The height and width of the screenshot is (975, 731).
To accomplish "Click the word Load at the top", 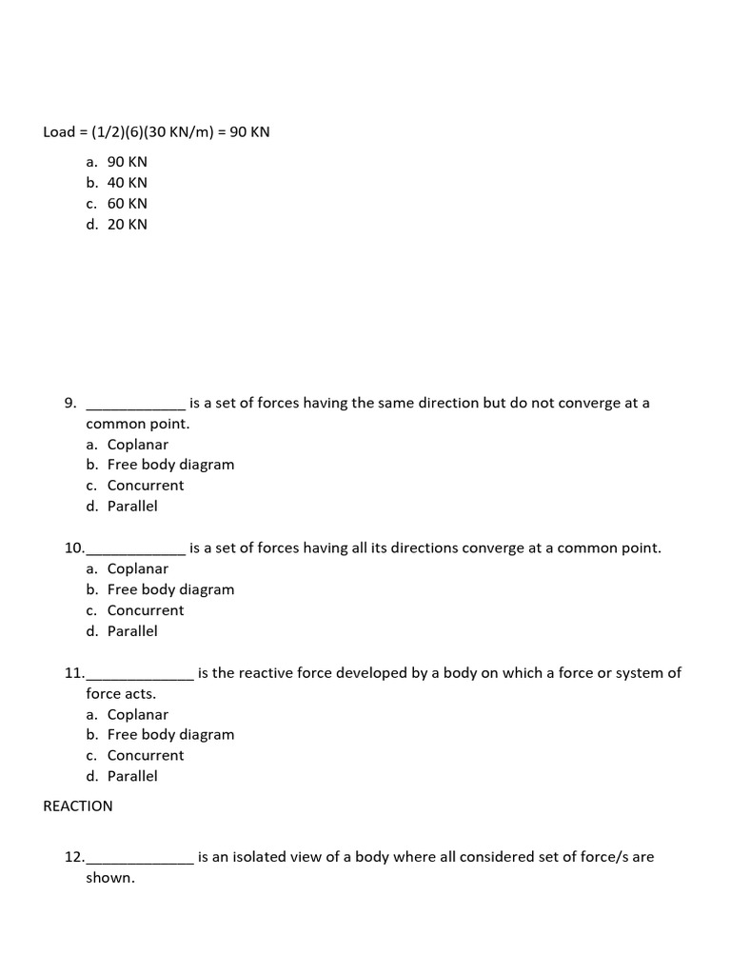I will (x=59, y=132).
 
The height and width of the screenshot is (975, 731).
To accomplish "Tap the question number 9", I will (x=70, y=403).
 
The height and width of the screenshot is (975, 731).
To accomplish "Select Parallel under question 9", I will (x=132, y=507).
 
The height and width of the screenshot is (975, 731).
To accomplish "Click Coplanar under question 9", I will (x=137, y=445).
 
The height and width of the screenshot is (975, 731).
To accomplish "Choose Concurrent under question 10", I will (x=146, y=610).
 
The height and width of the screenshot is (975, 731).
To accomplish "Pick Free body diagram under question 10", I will (x=170, y=589).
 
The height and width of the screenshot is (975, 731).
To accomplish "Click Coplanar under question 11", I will (x=137, y=715).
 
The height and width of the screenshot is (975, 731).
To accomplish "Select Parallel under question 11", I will (x=132, y=776).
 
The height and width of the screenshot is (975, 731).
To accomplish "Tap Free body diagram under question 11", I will (x=170, y=735).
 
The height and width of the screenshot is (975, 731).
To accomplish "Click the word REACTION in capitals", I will (x=78, y=806).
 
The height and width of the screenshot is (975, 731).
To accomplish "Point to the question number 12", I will (x=74, y=857).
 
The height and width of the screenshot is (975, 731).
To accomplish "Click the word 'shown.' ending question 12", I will (x=110, y=878).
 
